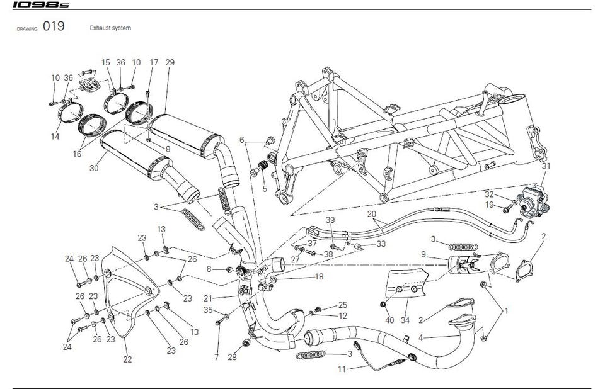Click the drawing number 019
point(54,28)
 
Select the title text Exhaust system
point(110,28)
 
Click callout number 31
point(546,166)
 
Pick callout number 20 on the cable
point(371,213)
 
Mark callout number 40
point(390,320)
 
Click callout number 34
point(405,320)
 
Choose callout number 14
point(56,136)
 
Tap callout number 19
point(488,204)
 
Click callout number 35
point(207,310)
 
